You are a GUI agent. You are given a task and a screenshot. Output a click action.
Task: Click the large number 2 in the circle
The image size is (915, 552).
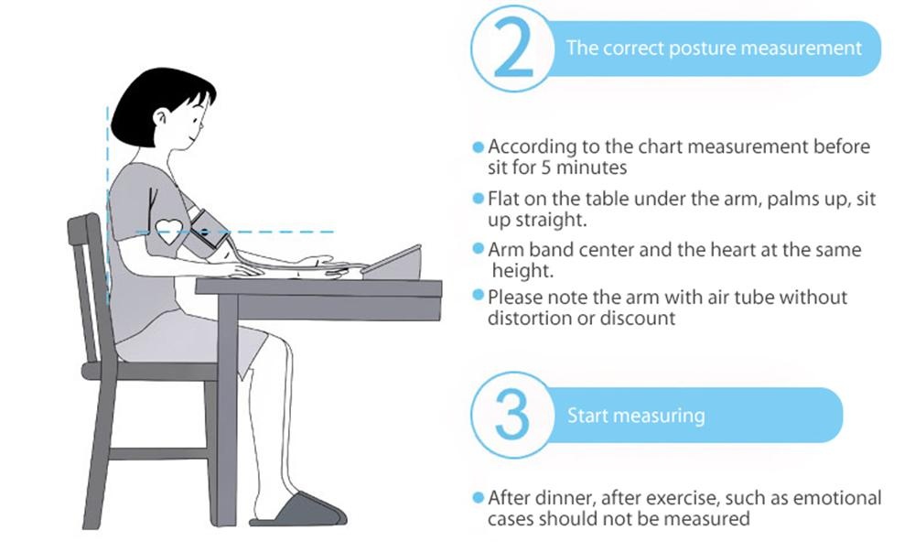click(x=513, y=49)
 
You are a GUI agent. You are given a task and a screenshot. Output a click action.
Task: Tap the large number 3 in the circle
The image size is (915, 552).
click(x=512, y=414)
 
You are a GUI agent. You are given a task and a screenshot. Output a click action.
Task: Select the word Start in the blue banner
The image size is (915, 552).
click(x=588, y=416)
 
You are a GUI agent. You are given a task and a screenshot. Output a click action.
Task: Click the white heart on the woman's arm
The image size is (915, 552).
click(x=169, y=231)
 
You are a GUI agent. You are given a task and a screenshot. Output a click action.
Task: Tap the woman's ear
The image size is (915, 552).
click(x=161, y=118)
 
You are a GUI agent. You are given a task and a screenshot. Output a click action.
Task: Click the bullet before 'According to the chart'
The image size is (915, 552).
click(x=478, y=147)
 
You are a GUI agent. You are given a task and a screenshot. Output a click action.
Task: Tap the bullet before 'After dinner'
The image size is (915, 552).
click(x=478, y=498)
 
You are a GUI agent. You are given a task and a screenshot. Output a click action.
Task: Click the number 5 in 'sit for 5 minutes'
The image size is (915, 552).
click(x=545, y=168)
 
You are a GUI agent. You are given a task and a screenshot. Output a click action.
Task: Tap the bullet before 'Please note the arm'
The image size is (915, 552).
click(x=478, y=296)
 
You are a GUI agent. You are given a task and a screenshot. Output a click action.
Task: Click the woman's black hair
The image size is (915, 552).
click(x=157, y=105)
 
